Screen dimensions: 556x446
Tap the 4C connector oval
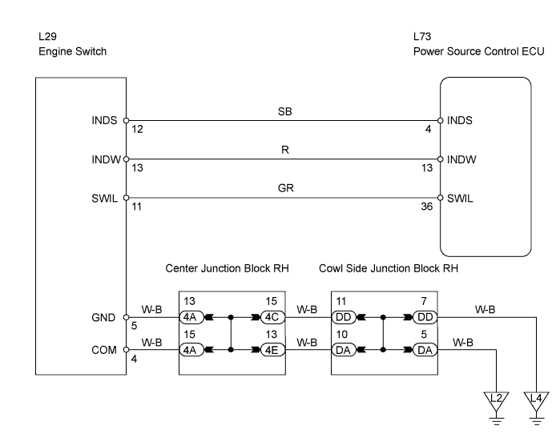[x=272, y=317]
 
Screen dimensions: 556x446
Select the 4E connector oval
[x=272, y=350]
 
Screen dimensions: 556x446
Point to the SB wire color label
[x=284, y=111]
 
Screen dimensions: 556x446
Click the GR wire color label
[x=286, y=188]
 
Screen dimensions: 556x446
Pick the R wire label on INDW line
[x=285, y=150]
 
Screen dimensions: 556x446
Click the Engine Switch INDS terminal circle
[x=126, y=121]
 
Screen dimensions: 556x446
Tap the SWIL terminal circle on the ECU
[x=441, y=198]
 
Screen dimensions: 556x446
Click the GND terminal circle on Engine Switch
[x=126, y=317]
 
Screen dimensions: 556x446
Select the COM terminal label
[x=104, y=350]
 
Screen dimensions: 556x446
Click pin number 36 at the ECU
[x=427, y=207]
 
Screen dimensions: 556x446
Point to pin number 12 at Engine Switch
[x=138, y=129]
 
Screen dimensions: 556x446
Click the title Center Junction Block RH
[x=227, y=268]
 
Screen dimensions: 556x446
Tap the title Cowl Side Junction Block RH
[x=389, y=268]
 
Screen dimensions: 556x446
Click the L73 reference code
[x=422, y=37]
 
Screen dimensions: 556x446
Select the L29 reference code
[x=47, y=37]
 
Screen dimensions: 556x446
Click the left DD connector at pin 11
[x=343, y=317]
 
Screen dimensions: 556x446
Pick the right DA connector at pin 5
[x=425, y=350]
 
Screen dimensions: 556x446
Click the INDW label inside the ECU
[x=461, y=159]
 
